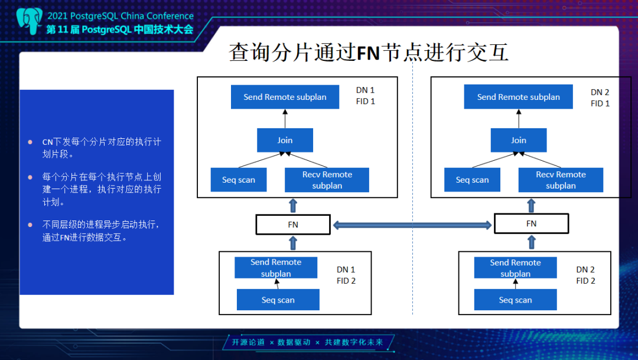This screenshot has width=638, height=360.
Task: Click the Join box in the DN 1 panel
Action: (285, 140)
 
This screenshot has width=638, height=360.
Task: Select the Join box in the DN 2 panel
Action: (519, 140)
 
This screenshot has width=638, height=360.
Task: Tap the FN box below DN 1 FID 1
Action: (293, 225)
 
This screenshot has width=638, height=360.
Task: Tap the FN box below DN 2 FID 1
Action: (532, 223)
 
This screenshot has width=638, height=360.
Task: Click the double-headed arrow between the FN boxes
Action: (412, 225)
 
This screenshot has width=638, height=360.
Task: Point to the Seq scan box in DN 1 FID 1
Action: (239, 180)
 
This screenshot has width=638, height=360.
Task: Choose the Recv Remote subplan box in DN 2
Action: (561, 180)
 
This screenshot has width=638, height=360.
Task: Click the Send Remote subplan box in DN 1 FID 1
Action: (285, 97)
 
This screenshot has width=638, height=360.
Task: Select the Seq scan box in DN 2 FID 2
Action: (515, 300)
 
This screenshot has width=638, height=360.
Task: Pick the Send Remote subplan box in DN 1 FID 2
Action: (276, 268)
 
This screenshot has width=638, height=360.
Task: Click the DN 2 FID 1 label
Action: (600, 98)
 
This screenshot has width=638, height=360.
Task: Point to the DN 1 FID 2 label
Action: (346, 275)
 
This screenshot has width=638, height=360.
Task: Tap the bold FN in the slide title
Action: (368, 53)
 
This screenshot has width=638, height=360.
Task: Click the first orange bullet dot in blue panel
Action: (30, 142)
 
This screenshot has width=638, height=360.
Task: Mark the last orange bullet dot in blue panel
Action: (30, 225)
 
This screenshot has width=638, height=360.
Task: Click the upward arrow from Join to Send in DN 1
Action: (285, 118)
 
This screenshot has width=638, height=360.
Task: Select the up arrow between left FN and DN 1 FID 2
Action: (293, 243)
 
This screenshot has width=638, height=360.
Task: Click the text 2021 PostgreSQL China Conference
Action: (121, 16)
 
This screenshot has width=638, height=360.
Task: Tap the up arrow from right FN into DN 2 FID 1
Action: (532, 206)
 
